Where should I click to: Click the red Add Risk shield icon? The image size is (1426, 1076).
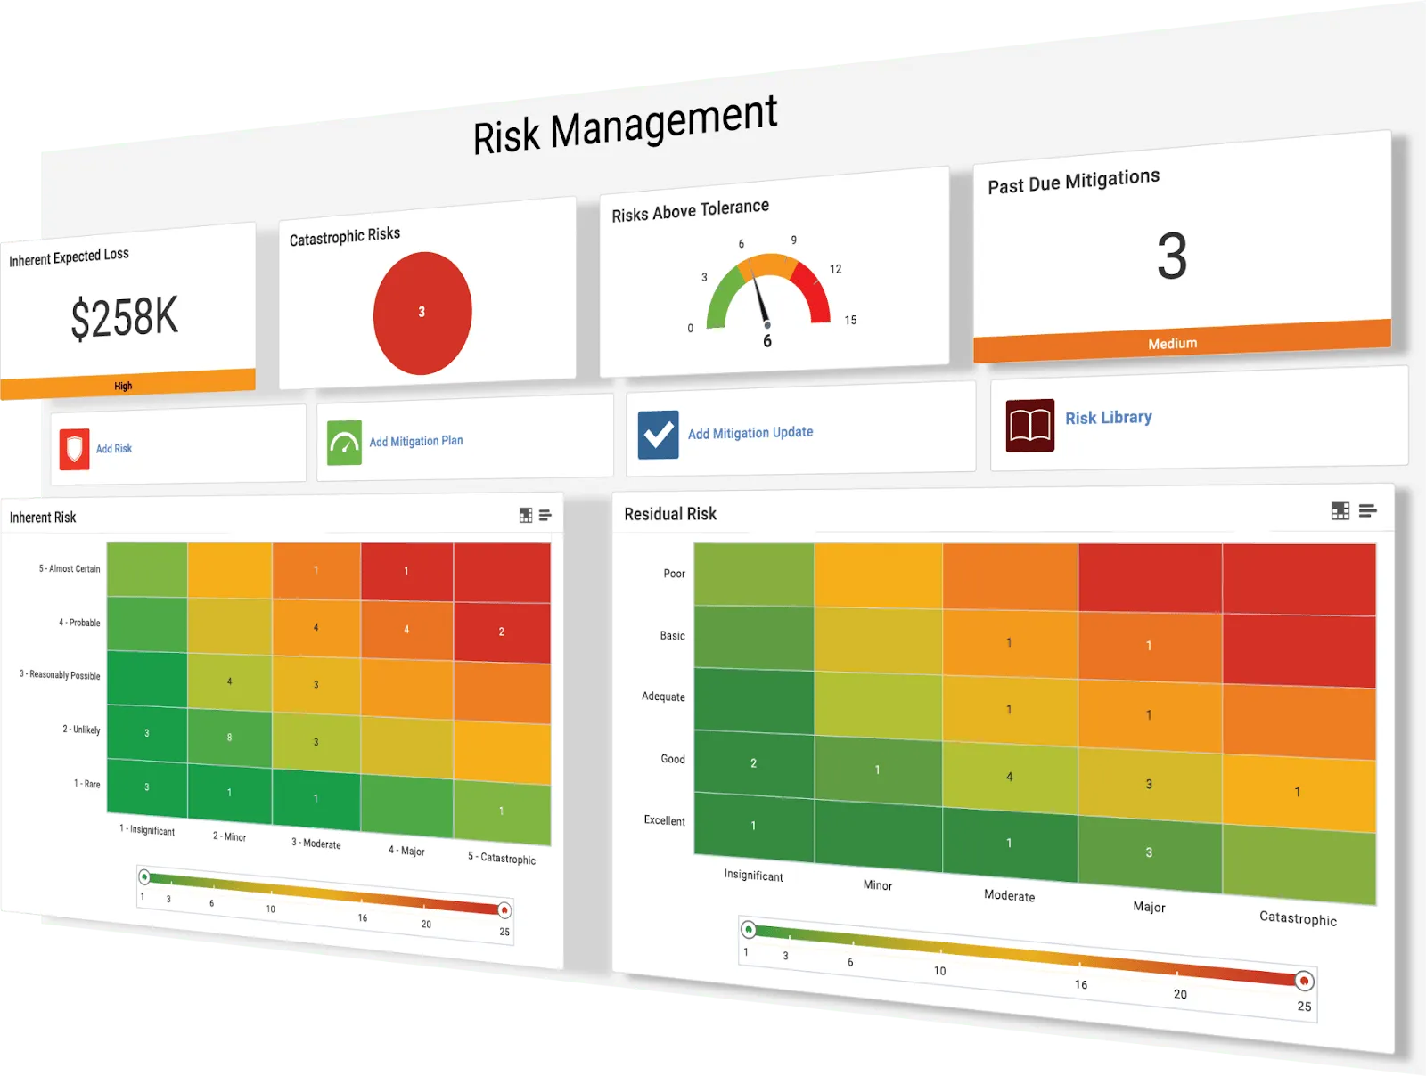pos(74,448)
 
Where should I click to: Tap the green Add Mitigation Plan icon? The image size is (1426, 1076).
pos(344,443)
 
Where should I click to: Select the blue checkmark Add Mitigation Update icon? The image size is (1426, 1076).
pos(658,434)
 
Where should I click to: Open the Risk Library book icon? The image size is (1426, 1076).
pos(1029,425)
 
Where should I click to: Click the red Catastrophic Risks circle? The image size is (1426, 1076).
pos(422,313)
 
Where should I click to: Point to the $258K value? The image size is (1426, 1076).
pos(124,317)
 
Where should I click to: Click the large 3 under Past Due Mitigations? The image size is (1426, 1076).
pos(1172,256)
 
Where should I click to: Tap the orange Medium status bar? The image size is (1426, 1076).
pos(1182,341)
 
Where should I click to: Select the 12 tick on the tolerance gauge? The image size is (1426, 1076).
pos(835,269)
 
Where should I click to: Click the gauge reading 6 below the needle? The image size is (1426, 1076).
pos(767,341)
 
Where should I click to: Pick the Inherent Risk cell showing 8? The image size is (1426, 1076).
pos(229,738)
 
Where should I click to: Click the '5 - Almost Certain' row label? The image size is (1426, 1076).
pos(70,568)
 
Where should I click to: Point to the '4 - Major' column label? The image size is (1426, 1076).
pos(406,850)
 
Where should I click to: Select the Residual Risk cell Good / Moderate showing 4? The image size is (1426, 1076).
pos(1009,776)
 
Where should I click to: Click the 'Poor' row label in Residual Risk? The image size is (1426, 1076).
pos(675,574)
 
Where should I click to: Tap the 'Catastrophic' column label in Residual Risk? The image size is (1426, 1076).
pos(1298,917)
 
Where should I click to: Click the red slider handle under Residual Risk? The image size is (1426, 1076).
pos(1303,981)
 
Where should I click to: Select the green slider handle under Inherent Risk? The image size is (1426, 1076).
pos(144,877)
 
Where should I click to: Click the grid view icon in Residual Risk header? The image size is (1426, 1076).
pos(1340,510)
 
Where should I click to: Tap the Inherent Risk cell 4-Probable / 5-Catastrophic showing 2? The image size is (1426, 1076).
pos(502,632)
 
